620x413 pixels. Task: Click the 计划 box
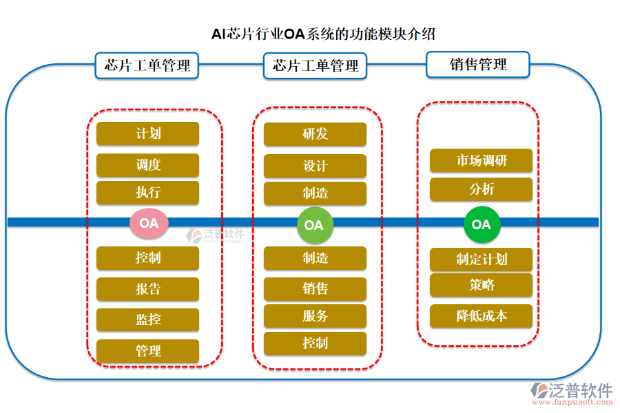(x=147, y=134)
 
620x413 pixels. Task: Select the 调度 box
(x=147, y=165)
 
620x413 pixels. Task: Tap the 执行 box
(x=147, y=193)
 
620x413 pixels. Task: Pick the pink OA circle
(x=149, y=223)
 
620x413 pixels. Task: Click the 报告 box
(x=147, y=289)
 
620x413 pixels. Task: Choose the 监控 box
(x=147, y=320)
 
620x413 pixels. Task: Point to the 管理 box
(x=147, y=351)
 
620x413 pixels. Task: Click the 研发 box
(x=315, y=134)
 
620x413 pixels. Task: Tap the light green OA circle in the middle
(x=314, y=225)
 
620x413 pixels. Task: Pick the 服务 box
(x=315, y=317)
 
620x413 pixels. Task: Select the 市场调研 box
(x=481, y=161)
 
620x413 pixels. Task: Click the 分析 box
(x=481, y=189)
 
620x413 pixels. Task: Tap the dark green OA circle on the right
(x=481, y=224)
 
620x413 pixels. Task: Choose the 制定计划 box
(x=481, y=260)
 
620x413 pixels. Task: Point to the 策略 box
(x=481, y=285)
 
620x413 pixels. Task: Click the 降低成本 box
(x=481, y=316)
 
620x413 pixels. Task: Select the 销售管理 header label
(x=478, y=65)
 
